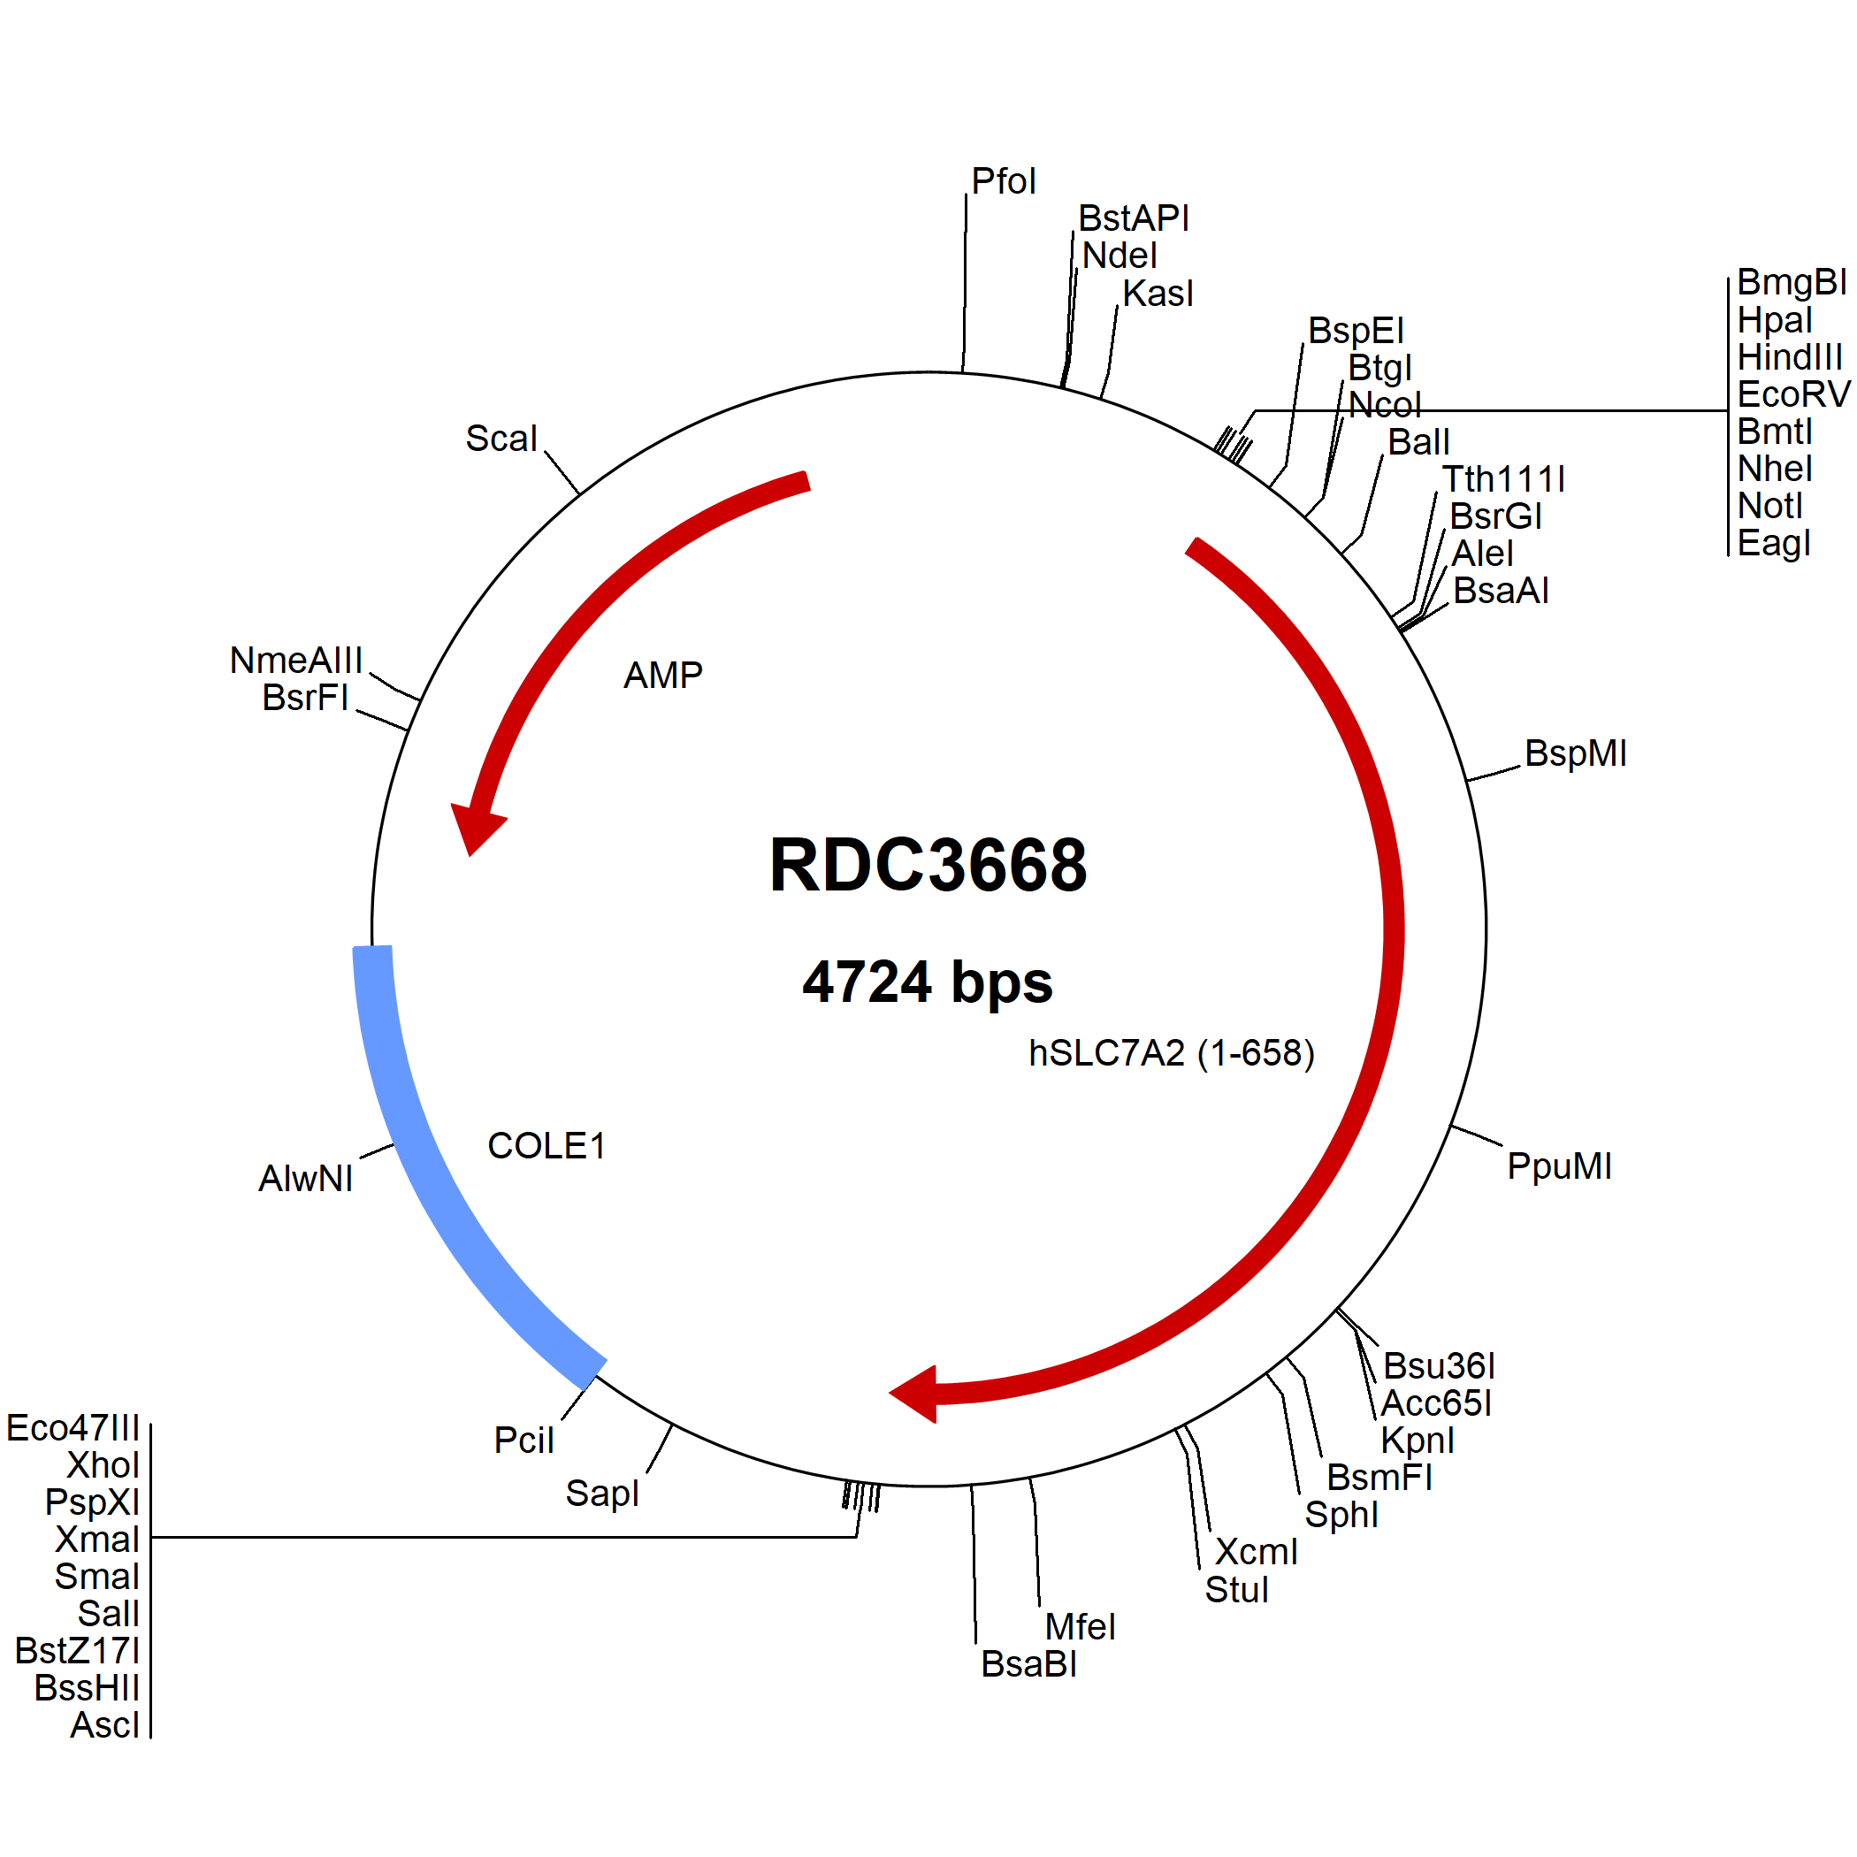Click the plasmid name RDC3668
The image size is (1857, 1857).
click(x=928, y=865)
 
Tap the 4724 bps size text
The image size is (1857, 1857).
click(x=928, y=982)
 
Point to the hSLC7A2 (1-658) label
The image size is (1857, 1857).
click(x=1171, y=1053)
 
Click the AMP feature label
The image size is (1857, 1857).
click(x=663, y=675)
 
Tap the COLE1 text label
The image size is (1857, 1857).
click(x=546, y=1146)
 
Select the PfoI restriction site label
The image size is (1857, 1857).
click(x=1004, y=180)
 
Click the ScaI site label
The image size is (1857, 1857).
click(x=501, y=439)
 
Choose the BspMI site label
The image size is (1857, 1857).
click(x=1576, y=753)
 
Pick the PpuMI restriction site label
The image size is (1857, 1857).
click(x=1559, y=1165)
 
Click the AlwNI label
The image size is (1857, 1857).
click(x=306, y=1179)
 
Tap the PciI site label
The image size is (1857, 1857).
click(x=523, y=1440)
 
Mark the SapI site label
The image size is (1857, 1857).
click(x=601, y=1493)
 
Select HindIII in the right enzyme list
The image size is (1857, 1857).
click(x=1790, y=357)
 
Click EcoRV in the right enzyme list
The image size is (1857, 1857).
click(x=1793, y=394)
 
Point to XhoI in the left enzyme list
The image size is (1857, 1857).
click(x=103, y=1465)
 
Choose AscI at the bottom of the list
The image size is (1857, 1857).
click(x=104, y=1724)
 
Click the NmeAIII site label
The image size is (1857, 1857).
click(x=296, y=661)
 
